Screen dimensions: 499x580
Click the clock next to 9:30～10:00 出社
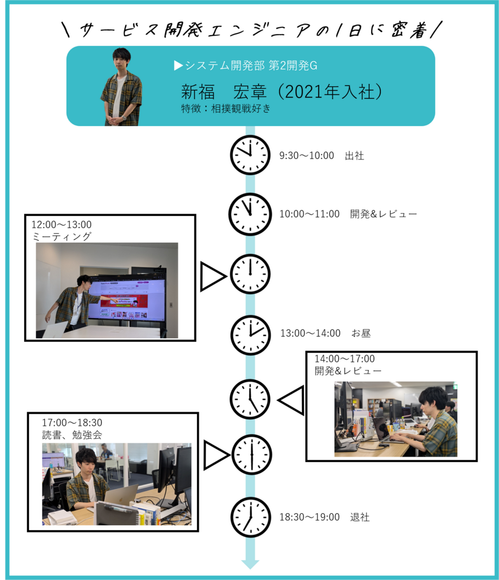click(250, 155)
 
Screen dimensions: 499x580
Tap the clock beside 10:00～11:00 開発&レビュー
click(250, 214)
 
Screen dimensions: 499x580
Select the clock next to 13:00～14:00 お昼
click(251, 335)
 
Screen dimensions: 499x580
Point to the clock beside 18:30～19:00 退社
click(251, 517)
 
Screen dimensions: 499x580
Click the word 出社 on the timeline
click(354, 156)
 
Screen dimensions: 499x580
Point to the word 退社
click(360, 517)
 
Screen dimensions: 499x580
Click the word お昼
click(361, 333)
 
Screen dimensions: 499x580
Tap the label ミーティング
click(62, 237)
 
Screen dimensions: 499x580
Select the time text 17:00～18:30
click(72, 423)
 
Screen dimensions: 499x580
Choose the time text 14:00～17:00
click(344, 359)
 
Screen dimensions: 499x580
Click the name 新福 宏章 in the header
click(224, 92)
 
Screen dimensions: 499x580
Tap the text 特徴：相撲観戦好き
click(226, 109)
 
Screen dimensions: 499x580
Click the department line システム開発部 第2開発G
click(245, 65)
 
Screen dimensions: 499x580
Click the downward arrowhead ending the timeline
click(250, 564)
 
